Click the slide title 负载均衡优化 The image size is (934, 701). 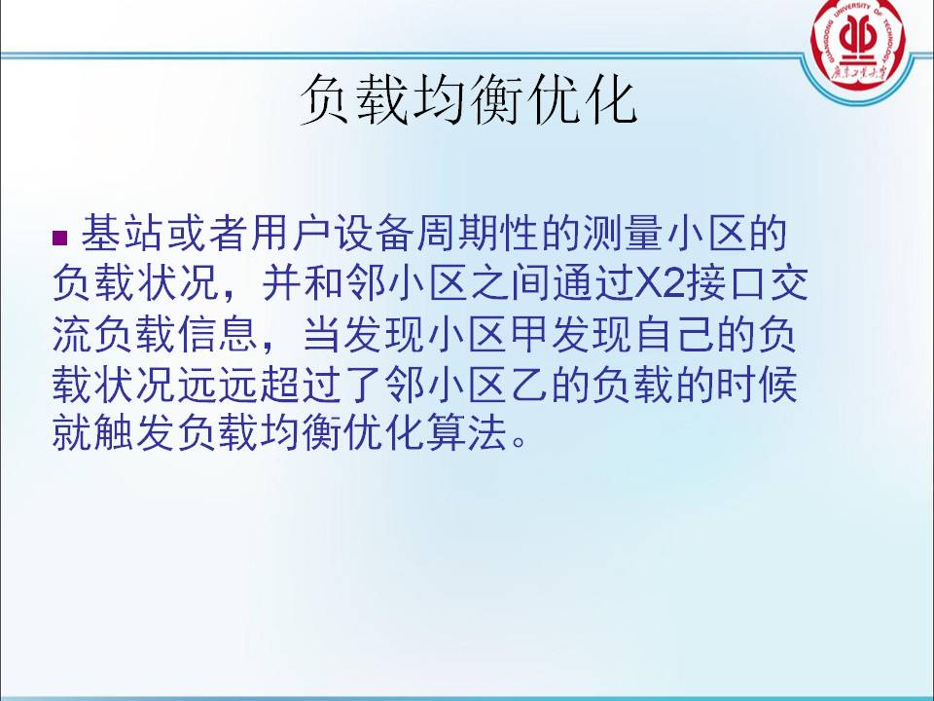468,100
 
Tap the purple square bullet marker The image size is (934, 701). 60,238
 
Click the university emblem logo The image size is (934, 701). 858,45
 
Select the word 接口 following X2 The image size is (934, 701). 727,283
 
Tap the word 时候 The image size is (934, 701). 757,385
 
